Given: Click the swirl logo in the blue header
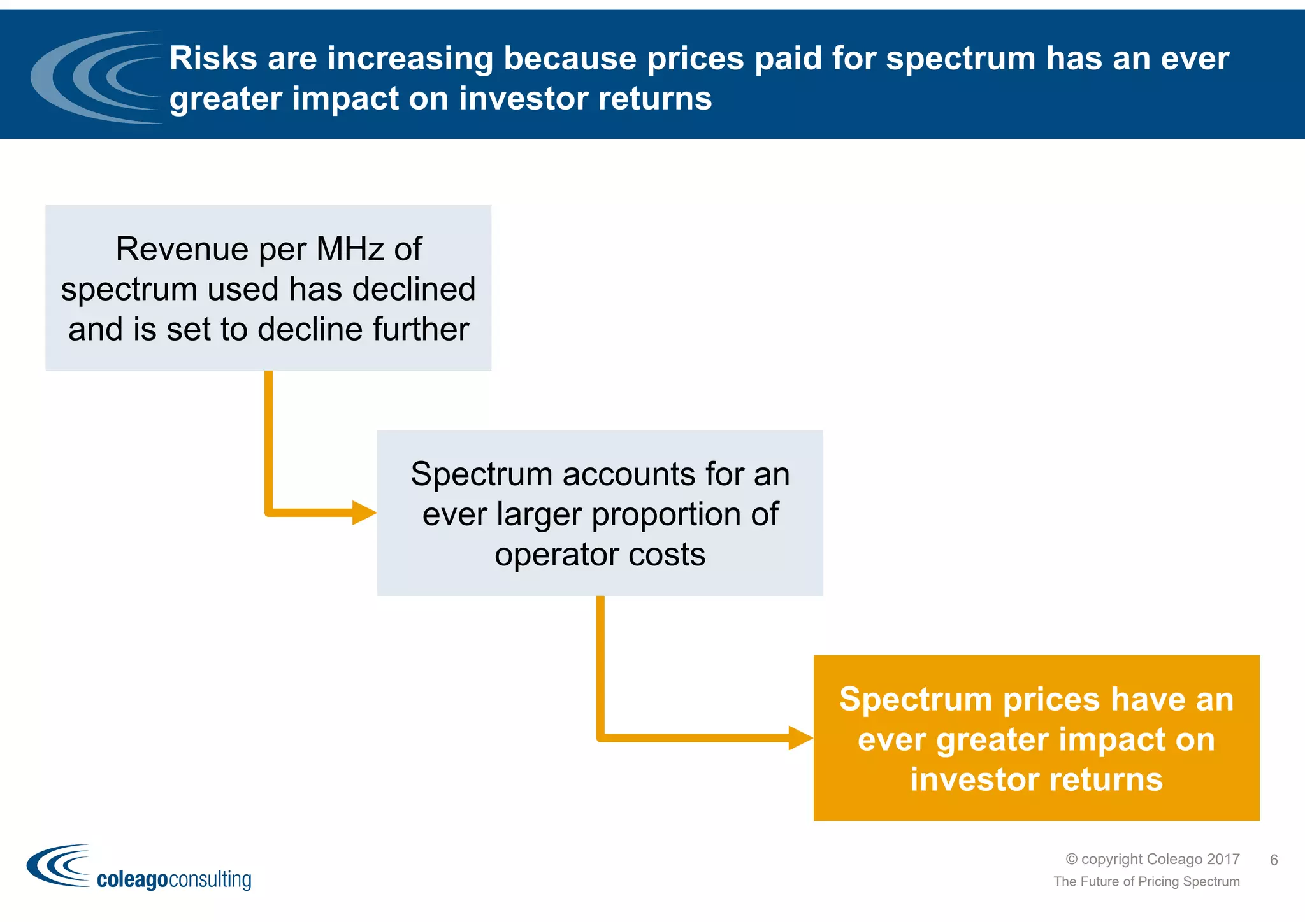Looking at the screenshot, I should pyautogui.click(x=96, y=76).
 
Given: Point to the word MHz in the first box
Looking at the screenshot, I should pyautogui.click(x=350, y=248).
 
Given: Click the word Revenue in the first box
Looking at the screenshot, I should pyautogui.click(x=182, y=248).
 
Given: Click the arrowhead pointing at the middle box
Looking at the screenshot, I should pyautogui.click(x=364, y=513).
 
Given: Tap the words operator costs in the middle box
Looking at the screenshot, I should pyautogui.click(x=600, y=555).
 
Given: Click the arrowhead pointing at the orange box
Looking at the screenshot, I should pyautogui.click(x=800, y=738).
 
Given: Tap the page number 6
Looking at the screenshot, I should pyautogui.click(x=1274, y=860).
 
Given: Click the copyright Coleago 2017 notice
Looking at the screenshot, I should pyautogui.click(x=1153, y=859).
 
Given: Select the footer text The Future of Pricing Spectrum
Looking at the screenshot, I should pyautogui.click(x=1146, y=881).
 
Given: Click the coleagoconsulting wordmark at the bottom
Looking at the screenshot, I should pyautogui.click(x=173, y=879).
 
